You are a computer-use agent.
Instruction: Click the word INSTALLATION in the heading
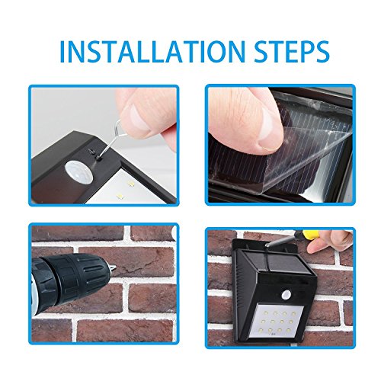tap(153, 52)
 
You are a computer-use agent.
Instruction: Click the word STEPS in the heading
tap(292, 52)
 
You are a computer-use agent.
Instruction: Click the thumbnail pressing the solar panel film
tap(268, 129)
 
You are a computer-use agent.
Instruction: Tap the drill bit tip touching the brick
tap(114, 267)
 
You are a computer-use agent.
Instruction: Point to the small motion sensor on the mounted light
tap(287, 294)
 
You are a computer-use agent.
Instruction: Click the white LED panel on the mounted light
tap(277, 322)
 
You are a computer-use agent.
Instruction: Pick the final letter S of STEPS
tap(322, 52)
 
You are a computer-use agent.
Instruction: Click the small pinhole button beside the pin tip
tap(98, 158)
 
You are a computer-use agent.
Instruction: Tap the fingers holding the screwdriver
tap(329, 242)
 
